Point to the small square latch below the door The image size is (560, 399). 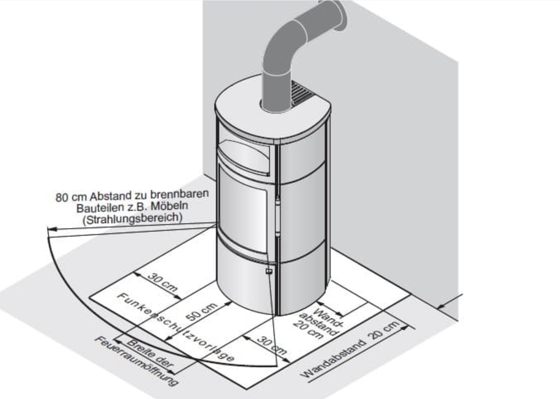[x=269, y=271]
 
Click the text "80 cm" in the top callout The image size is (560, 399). [x=71, y=197]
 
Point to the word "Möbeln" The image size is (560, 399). [x=169, y=206]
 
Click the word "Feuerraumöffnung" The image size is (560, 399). [x=137, y=361]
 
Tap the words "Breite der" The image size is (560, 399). [x=150, y=353]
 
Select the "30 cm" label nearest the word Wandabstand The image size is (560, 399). [x=272, y=345]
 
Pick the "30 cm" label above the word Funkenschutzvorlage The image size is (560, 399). [x=163, y=282]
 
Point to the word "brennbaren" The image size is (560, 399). [x=179, y=194]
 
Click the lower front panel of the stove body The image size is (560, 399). [x=246, y=280]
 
